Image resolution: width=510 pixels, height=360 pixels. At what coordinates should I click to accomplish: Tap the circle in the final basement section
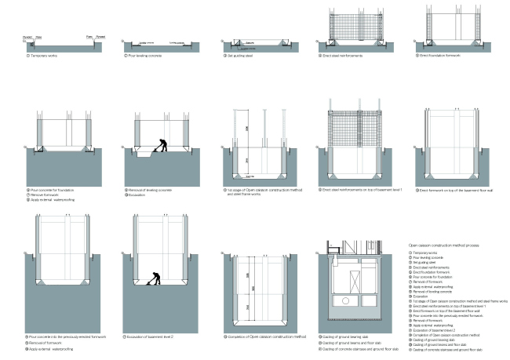[x=345, y=300]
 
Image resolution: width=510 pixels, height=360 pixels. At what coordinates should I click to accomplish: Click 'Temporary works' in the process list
[x=423, y=253]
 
